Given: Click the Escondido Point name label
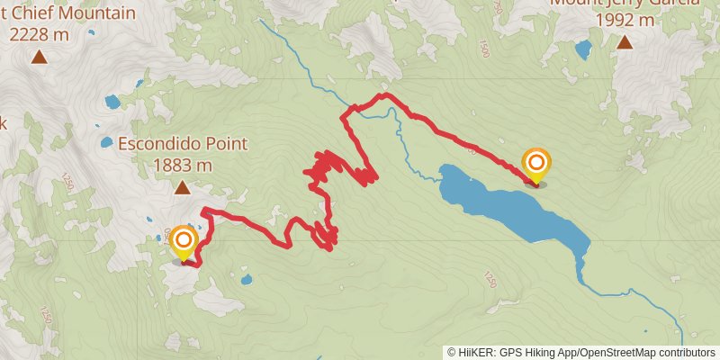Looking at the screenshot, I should pos(182,143).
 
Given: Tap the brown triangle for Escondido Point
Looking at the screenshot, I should pos(182,188).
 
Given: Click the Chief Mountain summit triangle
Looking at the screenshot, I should pos(39,58).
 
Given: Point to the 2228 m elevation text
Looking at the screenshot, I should pos(39,35).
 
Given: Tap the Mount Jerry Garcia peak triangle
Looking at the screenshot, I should pos(624,41).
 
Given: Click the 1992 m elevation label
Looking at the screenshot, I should pos(624,19).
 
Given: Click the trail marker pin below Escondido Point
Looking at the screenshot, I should pos(184,242).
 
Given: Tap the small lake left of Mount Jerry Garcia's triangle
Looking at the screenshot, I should pos(583,49).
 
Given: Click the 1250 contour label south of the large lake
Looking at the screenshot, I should pos(490,280).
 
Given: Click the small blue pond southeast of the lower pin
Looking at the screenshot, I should pos(247,280).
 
